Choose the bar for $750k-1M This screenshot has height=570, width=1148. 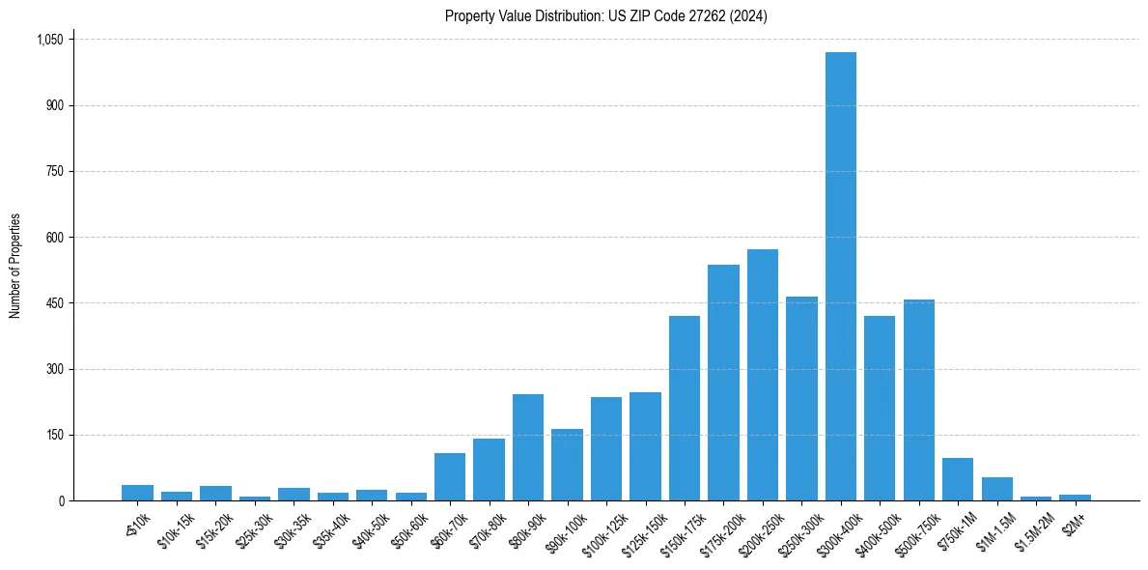pyautogui.click(x=958, y=479)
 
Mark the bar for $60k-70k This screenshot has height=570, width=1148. pyautogui.click(x=450, y=477)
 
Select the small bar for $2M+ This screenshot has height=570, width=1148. pyautogui.click(x=1075, y=498)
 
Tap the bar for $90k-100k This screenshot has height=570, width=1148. pyautogui.click(x=567, y=465)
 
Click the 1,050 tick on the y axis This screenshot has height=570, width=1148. pyautogui.click(x=49, y=40)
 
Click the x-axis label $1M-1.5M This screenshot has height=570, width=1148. pyautogui.click(x=994, y=528)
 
